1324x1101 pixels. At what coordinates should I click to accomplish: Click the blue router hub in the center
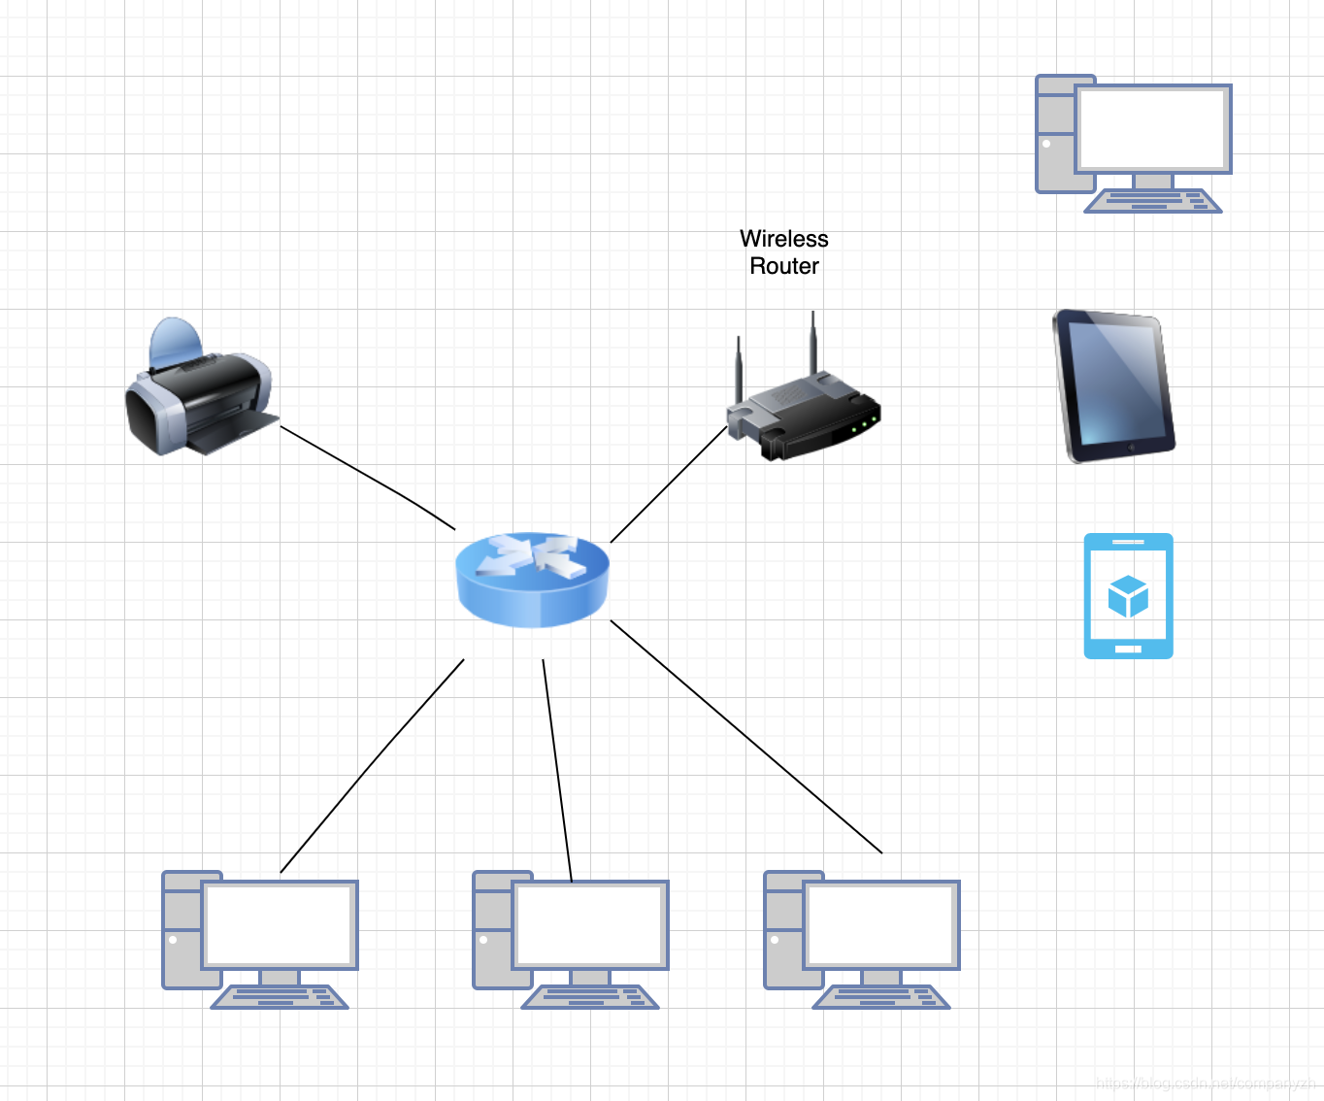click(532, 579)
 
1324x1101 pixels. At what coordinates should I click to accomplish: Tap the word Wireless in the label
click(783, 239)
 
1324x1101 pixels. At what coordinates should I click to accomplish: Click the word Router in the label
click(783, 266)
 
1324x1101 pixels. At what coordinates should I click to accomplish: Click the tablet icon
click(1114, 385)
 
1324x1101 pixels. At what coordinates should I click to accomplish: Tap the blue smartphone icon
click(1128, 596)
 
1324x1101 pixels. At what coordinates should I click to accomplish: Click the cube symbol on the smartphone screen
click(1128, 596)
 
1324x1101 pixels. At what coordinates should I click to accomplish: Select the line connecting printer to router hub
click(369, 477)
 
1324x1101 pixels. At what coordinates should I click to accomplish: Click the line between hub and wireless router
click(669, 484)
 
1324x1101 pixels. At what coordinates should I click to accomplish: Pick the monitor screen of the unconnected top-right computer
click(1153, 129)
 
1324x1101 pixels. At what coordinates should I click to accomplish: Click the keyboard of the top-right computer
click(1153, 201)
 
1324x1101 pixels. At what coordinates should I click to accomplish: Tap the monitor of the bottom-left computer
click(280, 925)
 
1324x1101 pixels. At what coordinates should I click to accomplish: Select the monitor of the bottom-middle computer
click(590, 925)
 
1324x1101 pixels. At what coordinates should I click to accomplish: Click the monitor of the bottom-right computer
click(881, 925)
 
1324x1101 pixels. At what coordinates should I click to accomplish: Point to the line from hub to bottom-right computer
click(745, 736)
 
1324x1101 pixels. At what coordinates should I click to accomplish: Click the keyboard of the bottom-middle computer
click(590, 997)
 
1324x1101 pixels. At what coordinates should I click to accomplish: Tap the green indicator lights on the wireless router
click(864, 424)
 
